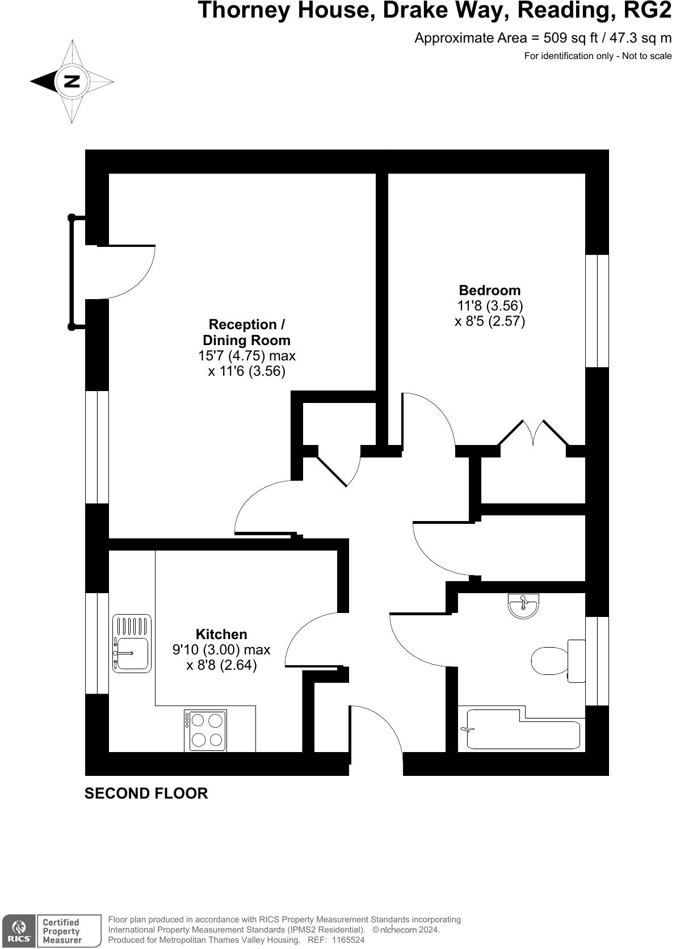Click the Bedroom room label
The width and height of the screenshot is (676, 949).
489,290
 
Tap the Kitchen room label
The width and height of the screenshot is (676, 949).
221,634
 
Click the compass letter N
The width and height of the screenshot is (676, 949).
72,81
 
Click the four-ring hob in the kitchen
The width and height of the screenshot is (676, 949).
205,730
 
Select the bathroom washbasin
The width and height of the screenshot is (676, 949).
523,606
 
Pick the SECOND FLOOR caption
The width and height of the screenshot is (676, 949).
146,793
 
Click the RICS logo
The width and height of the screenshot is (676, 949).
19,930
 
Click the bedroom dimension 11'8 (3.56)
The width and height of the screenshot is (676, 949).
490,305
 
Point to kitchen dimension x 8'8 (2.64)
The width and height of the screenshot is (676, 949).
221,665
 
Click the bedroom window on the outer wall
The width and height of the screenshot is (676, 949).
597,310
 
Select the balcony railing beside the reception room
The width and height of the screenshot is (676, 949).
72,272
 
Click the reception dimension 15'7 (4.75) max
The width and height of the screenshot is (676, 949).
246,356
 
